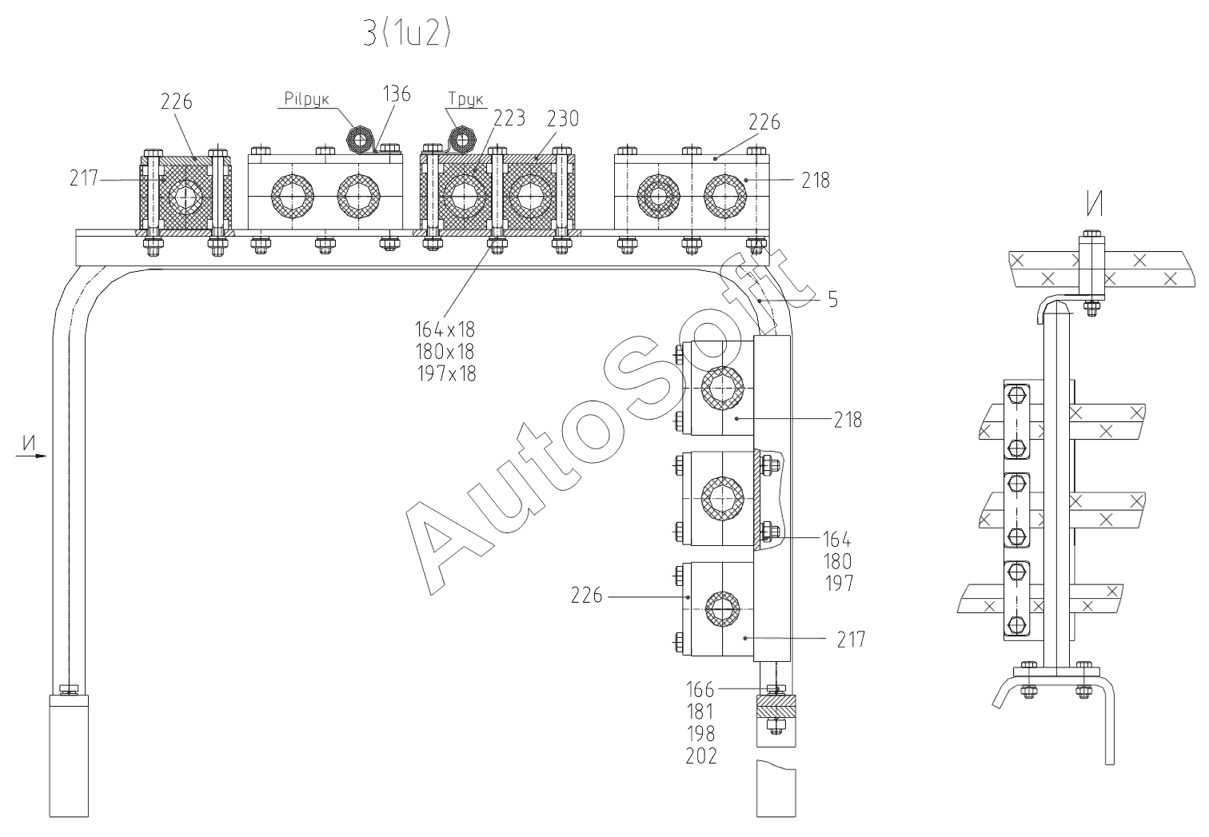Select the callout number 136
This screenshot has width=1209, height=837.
point(397,94)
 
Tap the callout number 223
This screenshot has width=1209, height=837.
point(509,118)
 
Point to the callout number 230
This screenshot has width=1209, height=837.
point(563,118)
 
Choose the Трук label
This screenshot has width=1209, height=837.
point(466,100)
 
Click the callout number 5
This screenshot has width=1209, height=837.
point(832,301)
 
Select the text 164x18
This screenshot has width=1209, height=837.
point(445,329)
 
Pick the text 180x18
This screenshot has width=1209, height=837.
point(445,351)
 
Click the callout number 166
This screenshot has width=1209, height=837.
point(701,689)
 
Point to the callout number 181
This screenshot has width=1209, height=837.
point(700,711)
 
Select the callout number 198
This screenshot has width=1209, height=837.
point(700,733)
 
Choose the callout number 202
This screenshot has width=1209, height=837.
point(701,755)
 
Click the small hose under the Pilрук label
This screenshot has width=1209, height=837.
point(360,141)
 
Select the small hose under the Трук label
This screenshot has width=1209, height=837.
point(461,139)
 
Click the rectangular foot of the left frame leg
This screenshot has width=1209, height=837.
point(70,755)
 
